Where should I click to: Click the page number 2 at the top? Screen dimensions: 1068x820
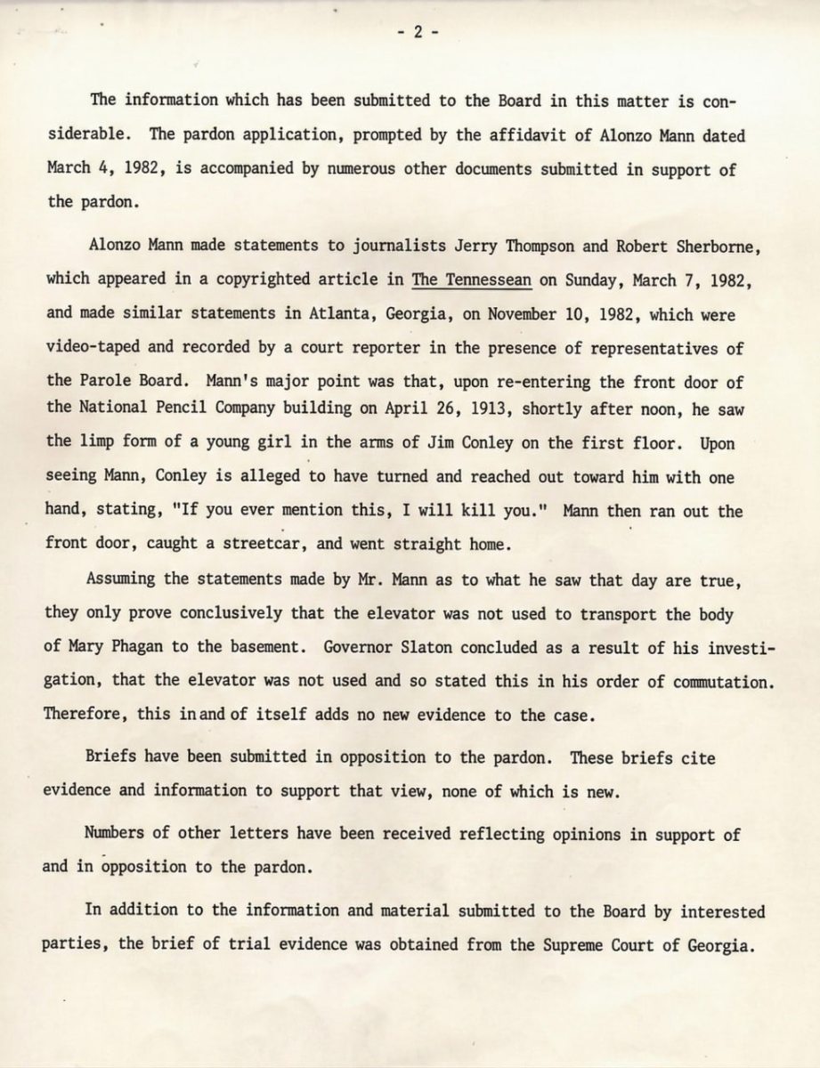pos(414,33)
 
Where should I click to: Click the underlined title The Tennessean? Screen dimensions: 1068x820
pos(472,279)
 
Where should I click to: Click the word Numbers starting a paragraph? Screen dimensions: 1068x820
pos(117,833)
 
